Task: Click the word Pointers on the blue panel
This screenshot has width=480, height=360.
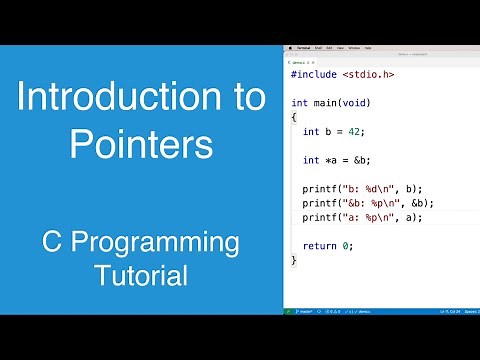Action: click(141, 146)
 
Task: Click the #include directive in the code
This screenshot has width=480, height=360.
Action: click(313, 74)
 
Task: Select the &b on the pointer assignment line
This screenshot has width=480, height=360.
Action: click(360, 160)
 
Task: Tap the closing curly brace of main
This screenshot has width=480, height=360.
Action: click(294, 260)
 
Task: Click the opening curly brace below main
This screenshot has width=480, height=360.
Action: click(294, 117)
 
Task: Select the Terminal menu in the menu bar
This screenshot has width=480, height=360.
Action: click(304, 47)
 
